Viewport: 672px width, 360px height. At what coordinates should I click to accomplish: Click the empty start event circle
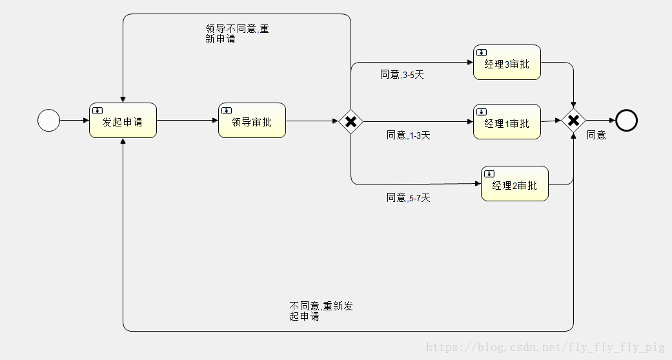pyautogui.click(x=49, y=120)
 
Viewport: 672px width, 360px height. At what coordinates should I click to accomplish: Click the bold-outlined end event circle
pyautogui.click(x=626, y=120)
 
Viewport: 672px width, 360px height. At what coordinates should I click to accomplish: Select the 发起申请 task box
pyautogui.click(x=123, y=121)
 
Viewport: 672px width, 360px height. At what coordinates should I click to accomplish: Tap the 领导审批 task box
pyautogui.click(x=252, y=121)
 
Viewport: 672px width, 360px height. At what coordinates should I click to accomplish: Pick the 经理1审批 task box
pyautogui.click(x=507, y=122)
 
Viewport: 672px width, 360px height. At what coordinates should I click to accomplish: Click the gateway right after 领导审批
pyautogui.click(x=351, y=121)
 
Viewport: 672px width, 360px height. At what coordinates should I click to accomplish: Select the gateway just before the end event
pyautogui.click(x=573, y=121)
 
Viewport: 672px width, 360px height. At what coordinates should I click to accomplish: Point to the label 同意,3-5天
pyautogui.click(x=402, y=75)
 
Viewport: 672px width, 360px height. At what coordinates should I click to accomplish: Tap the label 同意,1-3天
pyautogui.click(x=408, y=135)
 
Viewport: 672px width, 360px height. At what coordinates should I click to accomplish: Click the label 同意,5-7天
pyautogui.click(x=408, y=197)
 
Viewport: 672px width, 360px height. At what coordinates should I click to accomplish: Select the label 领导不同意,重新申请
pyautogui.click(x=237, y=34)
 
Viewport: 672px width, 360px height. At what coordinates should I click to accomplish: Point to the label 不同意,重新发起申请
pyautogui.click(x=321, y=311)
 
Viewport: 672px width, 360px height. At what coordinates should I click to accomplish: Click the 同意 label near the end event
pyautogui.click(x=596, y=135)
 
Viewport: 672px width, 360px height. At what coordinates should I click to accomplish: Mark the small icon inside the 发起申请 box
pyautogui.click(x=97, y=110)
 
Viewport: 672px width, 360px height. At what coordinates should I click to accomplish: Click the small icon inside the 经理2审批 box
pyautogui.click(x=489, y=174)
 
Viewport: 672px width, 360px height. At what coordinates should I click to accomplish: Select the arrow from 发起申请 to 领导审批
pyautogui.click(x=187, y=120)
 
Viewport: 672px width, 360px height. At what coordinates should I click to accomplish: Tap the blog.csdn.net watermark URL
pyautogui.click(x=545, y=348)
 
